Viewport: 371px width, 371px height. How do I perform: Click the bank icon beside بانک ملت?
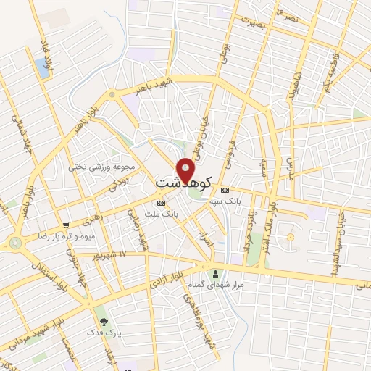[x=160, y=204]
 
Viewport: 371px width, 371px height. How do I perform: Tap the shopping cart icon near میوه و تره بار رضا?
[x=66, y=225]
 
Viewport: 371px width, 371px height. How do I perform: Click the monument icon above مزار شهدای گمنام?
[x=215, y=274]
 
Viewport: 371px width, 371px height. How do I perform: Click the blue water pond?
[x=42, y=69]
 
